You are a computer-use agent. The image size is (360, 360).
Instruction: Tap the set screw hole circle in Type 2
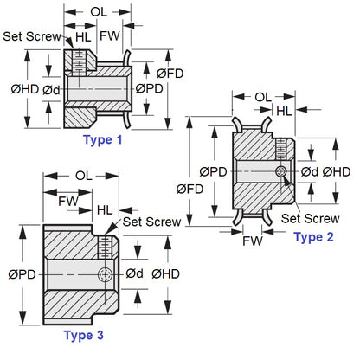280,173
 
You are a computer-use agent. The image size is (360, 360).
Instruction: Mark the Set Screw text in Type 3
151,222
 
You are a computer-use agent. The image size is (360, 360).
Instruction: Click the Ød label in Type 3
134,273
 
